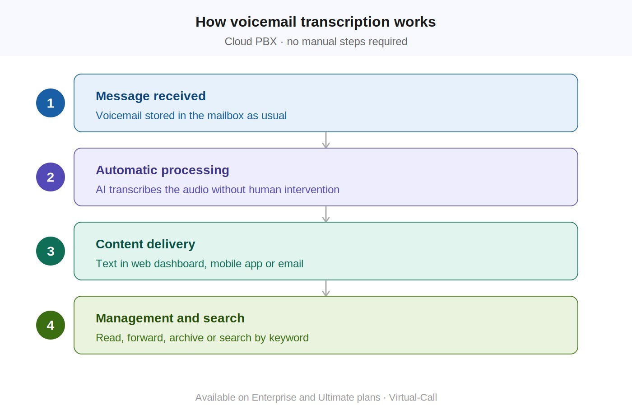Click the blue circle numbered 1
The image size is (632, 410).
coord(51,103)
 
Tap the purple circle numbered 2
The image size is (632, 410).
coord(51,177)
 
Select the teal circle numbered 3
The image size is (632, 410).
coord(51,251)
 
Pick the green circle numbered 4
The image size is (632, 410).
coord(51,325)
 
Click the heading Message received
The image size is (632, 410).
coord(151,96)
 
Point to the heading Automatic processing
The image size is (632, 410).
coord(163,170)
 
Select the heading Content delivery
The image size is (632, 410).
coord(145,244)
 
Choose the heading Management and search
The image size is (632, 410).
coord(170,318)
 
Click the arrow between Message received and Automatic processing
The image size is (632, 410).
coord(326,140)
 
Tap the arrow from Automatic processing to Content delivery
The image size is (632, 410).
coord(326,214)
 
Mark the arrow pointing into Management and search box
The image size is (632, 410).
coord(326,288)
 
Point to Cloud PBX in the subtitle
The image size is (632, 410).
coord(251,42)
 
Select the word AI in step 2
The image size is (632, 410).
coord(101,190)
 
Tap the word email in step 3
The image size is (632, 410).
coord(291,264)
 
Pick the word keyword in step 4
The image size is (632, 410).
coord(288,338)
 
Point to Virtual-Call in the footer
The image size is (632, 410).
coord(413,397)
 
